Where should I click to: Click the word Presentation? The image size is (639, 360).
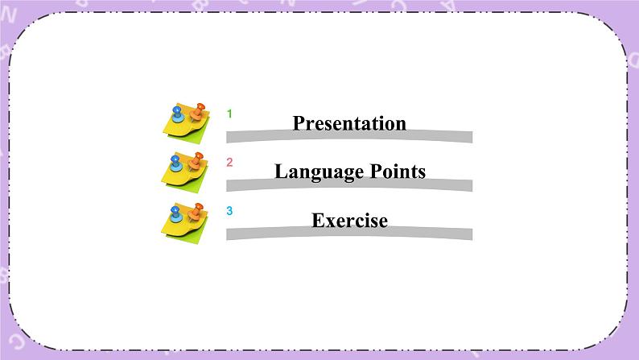point(349,123)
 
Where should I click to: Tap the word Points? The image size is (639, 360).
point(398,172)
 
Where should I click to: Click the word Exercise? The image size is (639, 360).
point(349,221)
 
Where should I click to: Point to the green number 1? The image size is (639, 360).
point(229,114)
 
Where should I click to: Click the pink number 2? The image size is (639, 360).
point(229,162)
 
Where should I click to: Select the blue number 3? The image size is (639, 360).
point(229,211)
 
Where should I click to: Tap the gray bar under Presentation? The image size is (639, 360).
point(349,137)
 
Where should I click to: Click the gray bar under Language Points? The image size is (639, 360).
point(349,185)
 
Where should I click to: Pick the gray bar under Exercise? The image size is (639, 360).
point(349,234)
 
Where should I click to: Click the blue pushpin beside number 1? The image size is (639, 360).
point(177,114)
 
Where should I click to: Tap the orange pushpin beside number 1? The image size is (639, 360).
point(197,112)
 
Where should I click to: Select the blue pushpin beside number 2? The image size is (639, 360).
point(175,163)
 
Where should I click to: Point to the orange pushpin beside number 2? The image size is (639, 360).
point(196,161)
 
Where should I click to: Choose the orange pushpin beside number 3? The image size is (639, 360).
point(196,212)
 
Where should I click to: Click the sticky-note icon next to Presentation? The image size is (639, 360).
point(187,123)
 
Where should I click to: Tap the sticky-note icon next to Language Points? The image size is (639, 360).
point(185,172)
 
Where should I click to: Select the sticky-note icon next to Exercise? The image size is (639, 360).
point(185,223)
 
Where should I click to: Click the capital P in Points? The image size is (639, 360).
point(376,171)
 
